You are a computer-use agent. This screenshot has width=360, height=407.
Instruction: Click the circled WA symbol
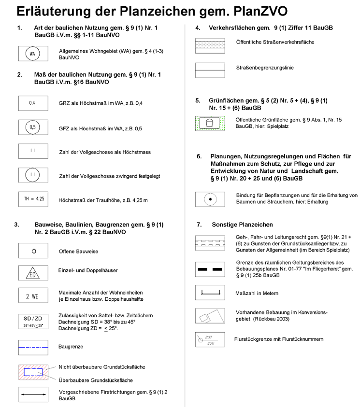pos(32,54)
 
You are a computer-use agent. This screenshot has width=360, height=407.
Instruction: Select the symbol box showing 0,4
pos(32,103)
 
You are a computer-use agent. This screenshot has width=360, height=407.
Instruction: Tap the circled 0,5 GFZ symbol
pos(32,128)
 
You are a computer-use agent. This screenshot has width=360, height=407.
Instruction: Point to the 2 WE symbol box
pos(32,296)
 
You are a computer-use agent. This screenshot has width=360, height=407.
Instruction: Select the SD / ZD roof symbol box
pos(33,321)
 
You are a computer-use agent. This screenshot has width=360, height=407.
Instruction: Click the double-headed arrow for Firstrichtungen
pos(33,394)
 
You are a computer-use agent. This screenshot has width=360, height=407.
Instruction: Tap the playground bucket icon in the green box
pos(209,123)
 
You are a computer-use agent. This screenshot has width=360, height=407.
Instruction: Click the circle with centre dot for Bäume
pos(210,199)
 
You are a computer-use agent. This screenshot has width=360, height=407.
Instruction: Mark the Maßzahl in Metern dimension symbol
pos(210,293)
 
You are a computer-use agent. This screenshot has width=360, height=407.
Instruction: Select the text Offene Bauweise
pos(78,252)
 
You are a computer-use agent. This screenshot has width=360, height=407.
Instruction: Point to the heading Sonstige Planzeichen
pos(242,225)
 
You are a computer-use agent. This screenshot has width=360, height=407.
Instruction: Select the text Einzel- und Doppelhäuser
pos(88,270)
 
